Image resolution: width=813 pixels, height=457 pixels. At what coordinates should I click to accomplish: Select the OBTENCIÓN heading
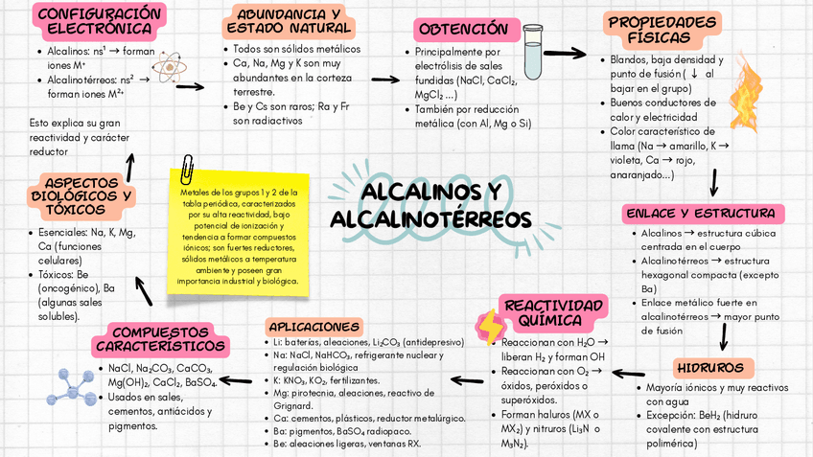[x=464, y=30]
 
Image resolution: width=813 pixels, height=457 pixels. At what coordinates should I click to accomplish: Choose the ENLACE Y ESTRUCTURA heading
[x=700, y=213]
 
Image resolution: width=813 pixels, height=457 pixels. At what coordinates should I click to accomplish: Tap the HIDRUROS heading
[x=709, y=368]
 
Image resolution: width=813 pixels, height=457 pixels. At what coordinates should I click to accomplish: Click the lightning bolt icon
[x=490, y=327]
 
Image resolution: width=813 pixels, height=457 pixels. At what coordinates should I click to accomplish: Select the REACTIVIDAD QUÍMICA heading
[x=555, y=312]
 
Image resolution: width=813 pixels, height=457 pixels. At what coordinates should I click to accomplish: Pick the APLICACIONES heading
[x=314, y=326]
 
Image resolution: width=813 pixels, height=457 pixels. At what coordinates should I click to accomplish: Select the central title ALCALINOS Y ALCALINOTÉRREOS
[x=430, y=204]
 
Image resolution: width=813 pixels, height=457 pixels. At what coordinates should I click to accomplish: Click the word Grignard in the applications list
[x=293, y=405]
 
